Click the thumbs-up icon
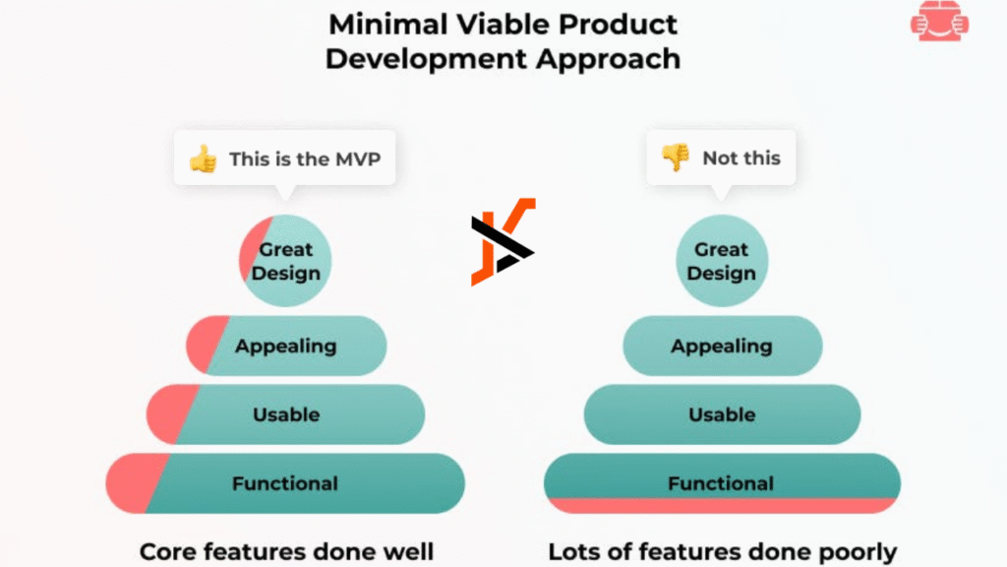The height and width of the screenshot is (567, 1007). (x=204, y=158)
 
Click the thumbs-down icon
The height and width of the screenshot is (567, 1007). (x=676, y=157)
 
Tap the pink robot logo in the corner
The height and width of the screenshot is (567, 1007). (x=939, y=22)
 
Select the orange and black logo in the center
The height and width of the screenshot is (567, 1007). (x=503, y=242)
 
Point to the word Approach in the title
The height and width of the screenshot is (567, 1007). (x=608, y=59)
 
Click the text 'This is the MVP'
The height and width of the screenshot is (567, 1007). (x=305, y=158)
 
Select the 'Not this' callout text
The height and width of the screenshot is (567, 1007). (x=741, y=158)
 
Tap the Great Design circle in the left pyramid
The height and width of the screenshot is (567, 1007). (x=285, y=260)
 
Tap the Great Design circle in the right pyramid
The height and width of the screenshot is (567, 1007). (x=721, y=260)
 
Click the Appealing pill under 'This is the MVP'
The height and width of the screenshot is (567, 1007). (x=286, y=346)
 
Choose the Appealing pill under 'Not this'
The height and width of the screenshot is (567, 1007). (x=723, y=346)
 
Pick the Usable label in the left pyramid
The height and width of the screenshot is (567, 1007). (x=286, y=414)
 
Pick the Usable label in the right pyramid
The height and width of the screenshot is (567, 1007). (x=722, y=414)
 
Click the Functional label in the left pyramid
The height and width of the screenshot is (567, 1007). (x=285, y=483)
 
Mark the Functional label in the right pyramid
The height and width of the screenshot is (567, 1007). (x=721, y=483)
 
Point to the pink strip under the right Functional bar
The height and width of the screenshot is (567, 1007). (x=723, y=505)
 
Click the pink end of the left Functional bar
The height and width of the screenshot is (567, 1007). (x=134, y=483)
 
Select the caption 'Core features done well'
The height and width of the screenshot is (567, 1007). (x=286, y=551)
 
